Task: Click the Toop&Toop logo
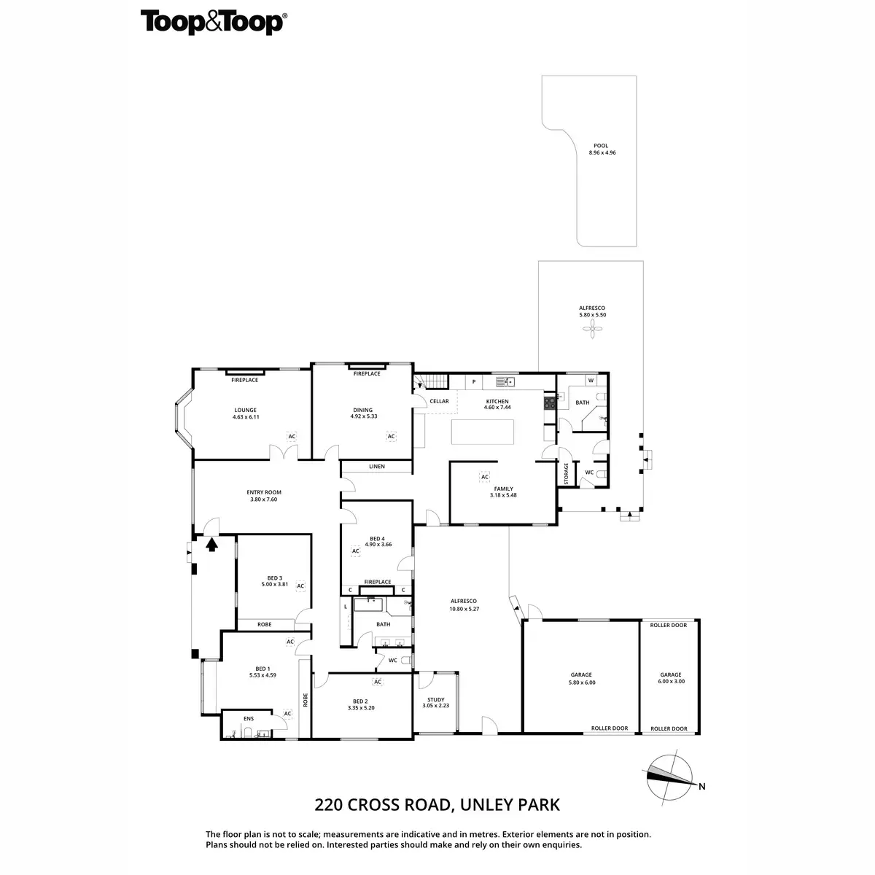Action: [x=214, y=23]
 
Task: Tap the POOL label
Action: [x=600, y=146]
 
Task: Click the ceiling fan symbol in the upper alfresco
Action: [x=592, y=328]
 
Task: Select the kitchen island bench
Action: [x=482, y=432]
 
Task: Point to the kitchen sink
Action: [x=505, y=382]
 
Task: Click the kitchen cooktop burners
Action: [x=550, y=402]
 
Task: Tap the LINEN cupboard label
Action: [x=377, y=467]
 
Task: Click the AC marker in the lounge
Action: [x=292, y=436]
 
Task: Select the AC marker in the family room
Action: [x=484, y=477]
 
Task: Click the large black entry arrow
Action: [x=211, y=545]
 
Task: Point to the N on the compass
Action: [x=701, y=787]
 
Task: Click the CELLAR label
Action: [x=439, y=401]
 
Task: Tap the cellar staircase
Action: [x=432, y=381]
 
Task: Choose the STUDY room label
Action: [x=436, y=700]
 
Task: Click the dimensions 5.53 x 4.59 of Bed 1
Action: [x=262, y=675]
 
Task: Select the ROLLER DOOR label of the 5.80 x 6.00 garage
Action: [x=610, y=728]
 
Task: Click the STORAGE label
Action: [x=567, y=474]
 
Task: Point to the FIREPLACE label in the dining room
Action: [x=367, y=374]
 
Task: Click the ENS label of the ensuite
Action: [x=249, y=719]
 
